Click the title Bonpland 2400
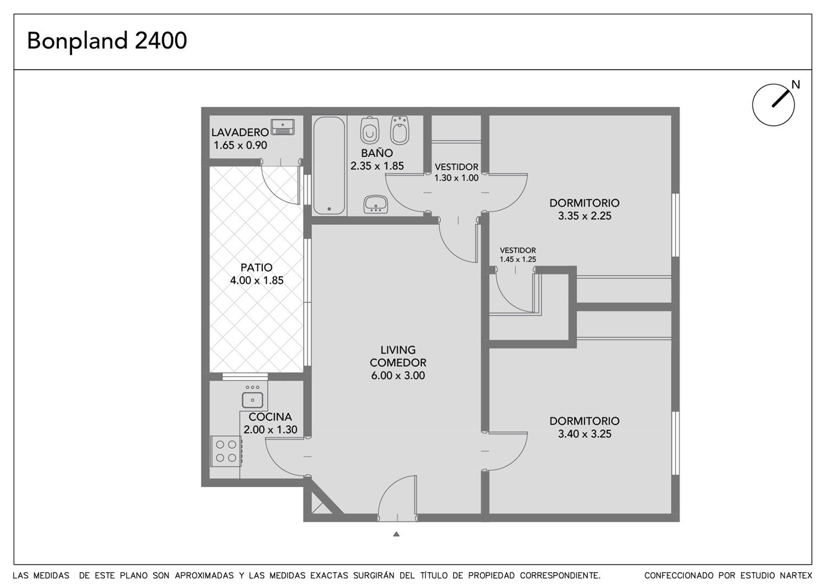pos(107,41)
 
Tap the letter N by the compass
pos(795,85)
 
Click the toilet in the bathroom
pos(369,130)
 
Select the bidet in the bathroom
pos(400,130)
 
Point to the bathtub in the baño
pos(329,165)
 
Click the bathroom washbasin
pos(375,204)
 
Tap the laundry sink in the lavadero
pos(282,127)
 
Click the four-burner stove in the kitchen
pos(226,452)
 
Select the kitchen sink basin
pos(253,400)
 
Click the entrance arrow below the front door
pos(397,534)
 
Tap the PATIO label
pos(256,267)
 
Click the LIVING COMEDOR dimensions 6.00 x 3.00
pos(398,376)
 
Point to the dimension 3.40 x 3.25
pos(584,434)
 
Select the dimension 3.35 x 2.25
pos(584,216)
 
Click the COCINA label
pos(270,417)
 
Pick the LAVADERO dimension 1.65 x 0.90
pos(240,145)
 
